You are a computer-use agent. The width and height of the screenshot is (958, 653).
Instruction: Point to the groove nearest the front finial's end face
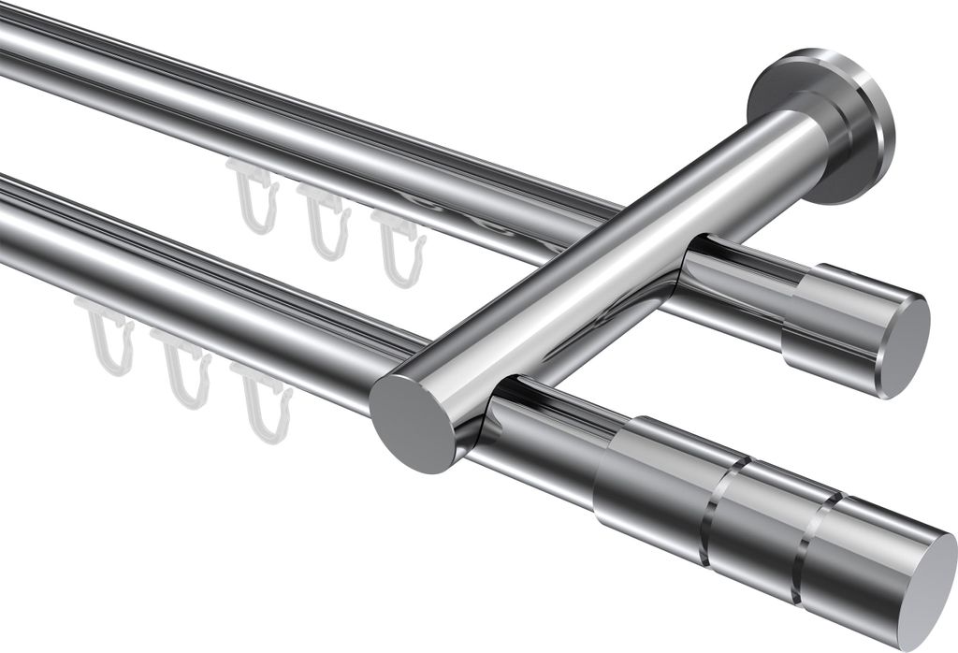tap(812, 543)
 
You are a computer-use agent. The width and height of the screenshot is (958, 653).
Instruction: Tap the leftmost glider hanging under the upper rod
tap(253, 196)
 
